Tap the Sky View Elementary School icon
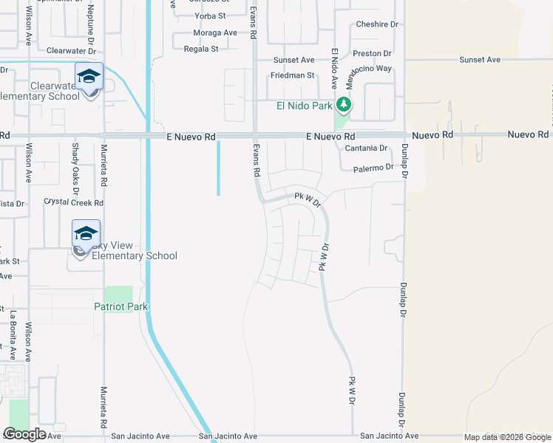[x=86, y=235]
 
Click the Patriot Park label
[x=121, y=306]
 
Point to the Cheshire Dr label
[x=377, y=24]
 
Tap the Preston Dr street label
[x=372, y=54]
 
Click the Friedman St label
[x=293, y=75]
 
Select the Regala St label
[x=201, y=49]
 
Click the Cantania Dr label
[x=367, y=148]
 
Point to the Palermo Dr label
[x=373, y=168]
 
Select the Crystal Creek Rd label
[x=74, y=202]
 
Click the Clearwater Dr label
[x=72, y=52]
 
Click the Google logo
[x=25, y=434]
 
